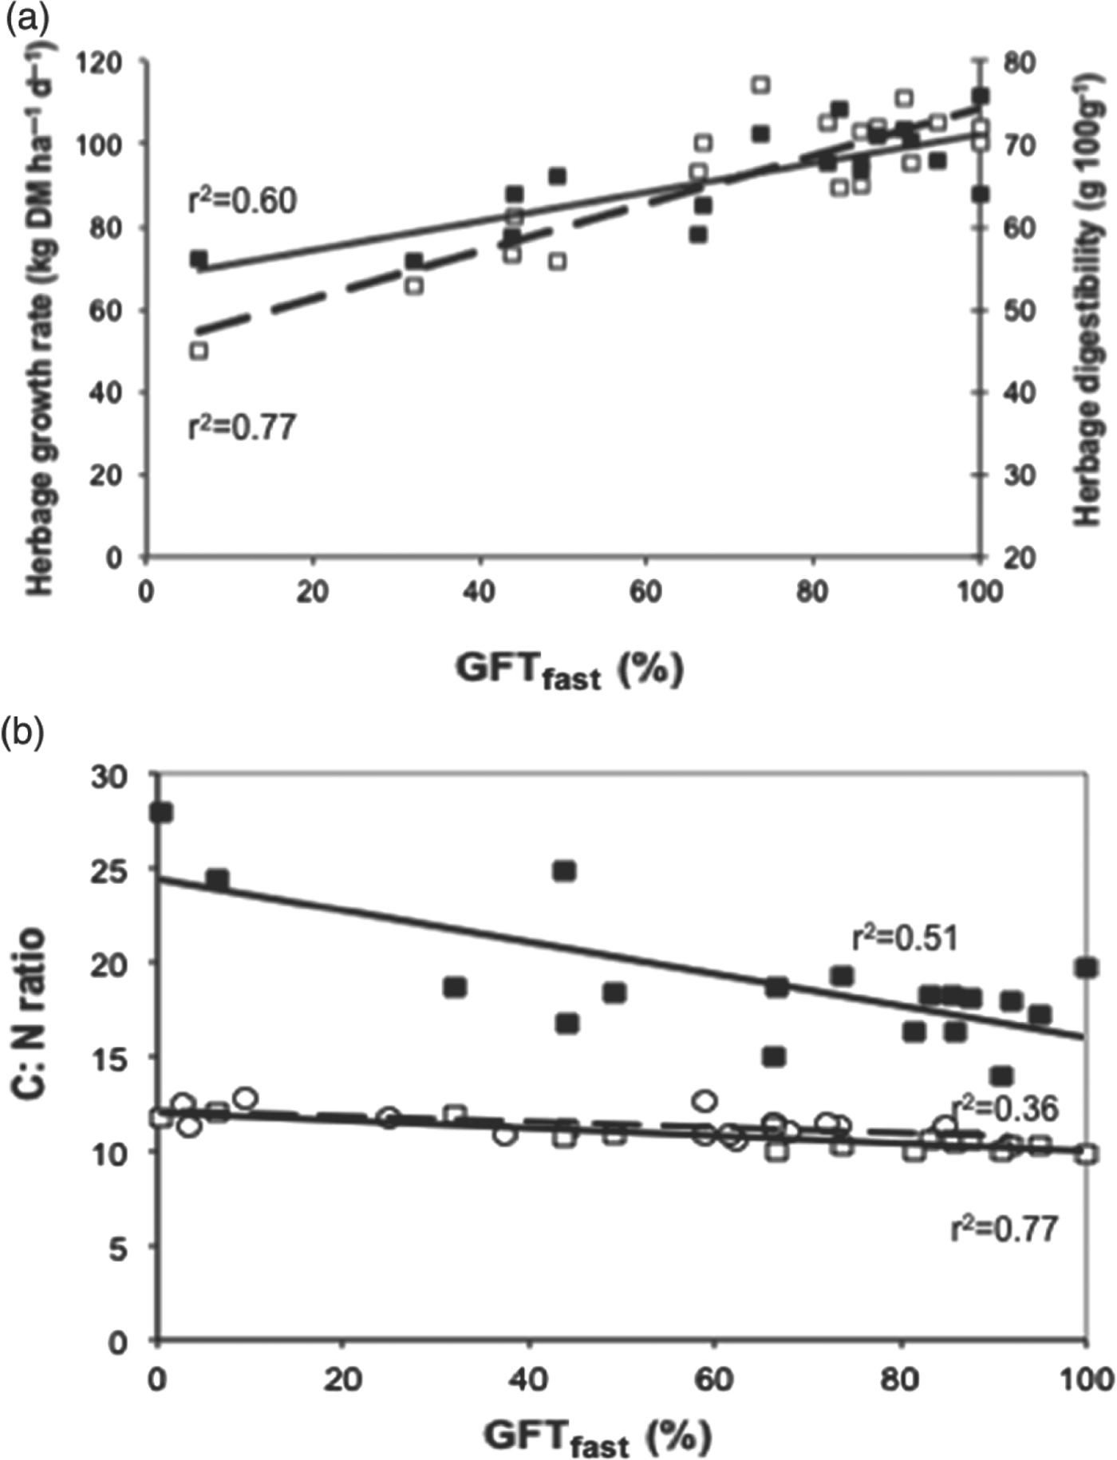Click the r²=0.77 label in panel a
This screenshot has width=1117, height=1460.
click(x=242, y=427)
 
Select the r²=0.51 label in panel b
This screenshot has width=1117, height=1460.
click(x=905, y=937)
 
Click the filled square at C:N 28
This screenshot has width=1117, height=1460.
click(x=161, y=812)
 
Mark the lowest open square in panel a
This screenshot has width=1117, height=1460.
click(x=199, y=350)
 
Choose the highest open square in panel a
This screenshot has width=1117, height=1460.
click(x=760, y=85)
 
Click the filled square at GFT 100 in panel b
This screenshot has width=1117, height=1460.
click(x=1085, y=968)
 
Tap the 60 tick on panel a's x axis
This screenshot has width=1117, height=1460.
click(x=645, y=594)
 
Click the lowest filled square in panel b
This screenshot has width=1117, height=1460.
click(x=1002, y=1075)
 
